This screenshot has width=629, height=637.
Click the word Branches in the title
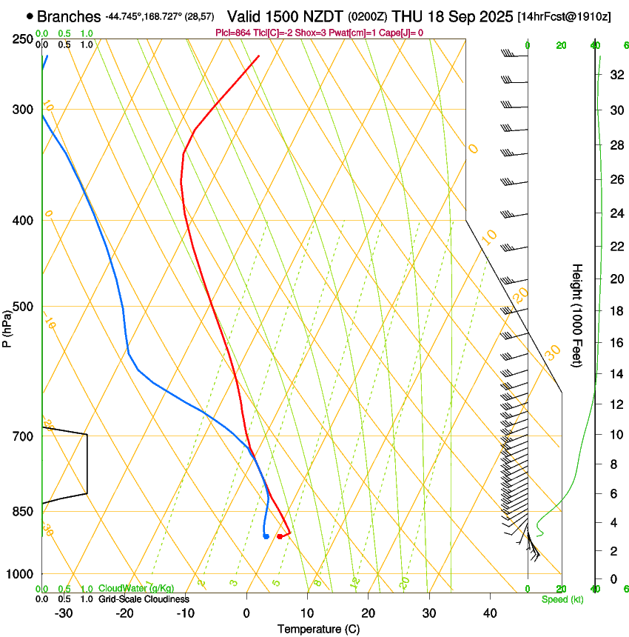(69, 16)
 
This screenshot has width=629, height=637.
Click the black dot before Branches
(30, 16)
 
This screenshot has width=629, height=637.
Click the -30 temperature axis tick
(64, 613)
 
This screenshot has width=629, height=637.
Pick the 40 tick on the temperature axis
(490, 613)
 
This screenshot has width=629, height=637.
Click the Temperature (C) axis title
(318, 629)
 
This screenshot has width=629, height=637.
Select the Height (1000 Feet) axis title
(578, 315)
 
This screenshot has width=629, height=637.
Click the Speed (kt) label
(562, 599)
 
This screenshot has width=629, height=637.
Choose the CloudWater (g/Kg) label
(137, 588)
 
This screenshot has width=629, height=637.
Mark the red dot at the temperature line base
(280, 536)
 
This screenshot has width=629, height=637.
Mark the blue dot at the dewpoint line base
(266, 536)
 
